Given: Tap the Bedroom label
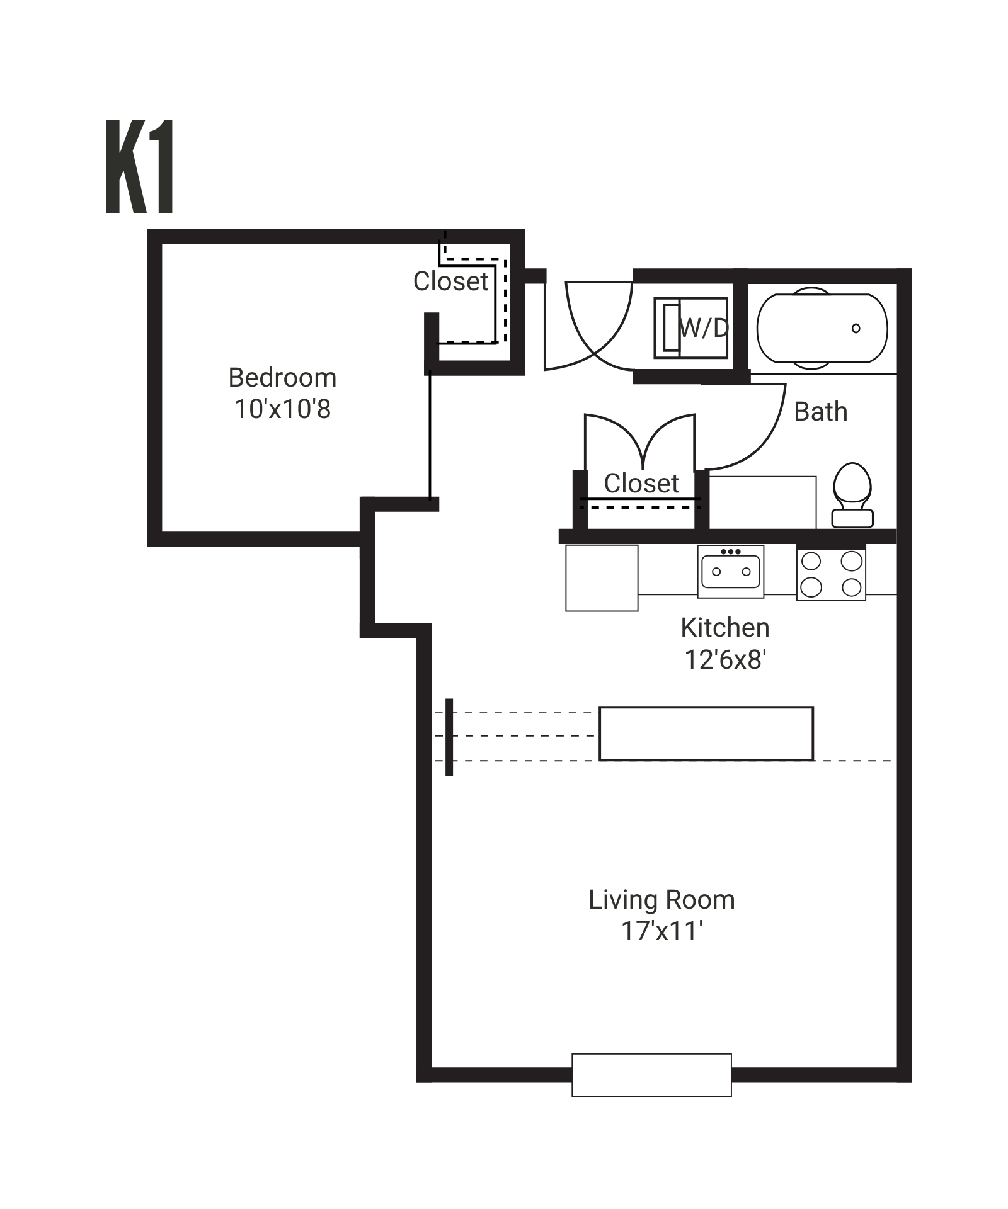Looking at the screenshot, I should (x=282, y=378).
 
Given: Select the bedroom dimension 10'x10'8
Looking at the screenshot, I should (x=282, y=409).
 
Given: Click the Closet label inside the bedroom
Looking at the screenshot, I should (x=450, y=281).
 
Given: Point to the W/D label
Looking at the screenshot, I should (x=704, y=327).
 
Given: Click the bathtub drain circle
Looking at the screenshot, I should (x=856, y=328).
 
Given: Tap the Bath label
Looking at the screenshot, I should (x=820, y=412).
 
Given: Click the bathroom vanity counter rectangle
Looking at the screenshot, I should (x=762, y=502).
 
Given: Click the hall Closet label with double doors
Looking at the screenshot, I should (x=641, y=484).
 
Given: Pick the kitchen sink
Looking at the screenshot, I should (x=731, y=571).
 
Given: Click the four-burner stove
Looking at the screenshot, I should (x=831, y=574).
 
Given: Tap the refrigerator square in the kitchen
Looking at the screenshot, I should (x=602, y=578).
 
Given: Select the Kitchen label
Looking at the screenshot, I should (x=725, y=628).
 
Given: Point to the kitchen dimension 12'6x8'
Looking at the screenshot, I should (x=725, y=660).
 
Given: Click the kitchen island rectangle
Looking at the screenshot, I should (x=706, y=734).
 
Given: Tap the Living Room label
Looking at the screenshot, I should (x=661, y=900).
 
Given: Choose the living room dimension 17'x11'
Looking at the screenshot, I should (x=661, y=931).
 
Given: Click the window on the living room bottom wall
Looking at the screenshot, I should (x=651, y=1075).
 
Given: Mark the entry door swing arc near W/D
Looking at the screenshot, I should (x=598, y=327).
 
